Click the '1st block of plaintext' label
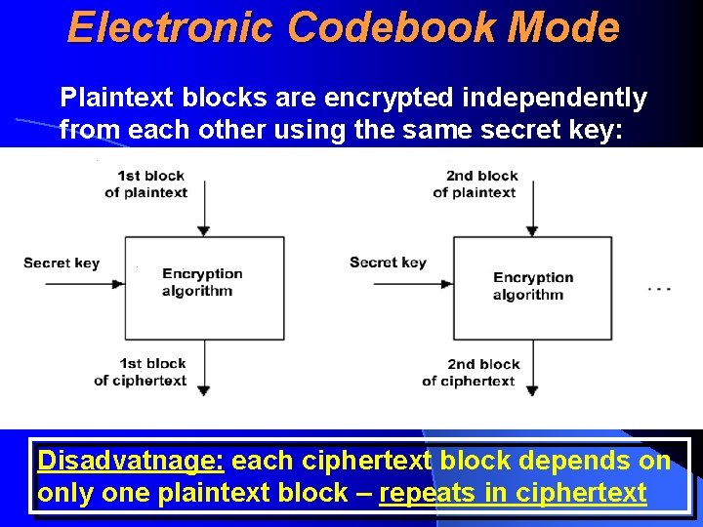tap(147, 183)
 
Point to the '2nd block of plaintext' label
tap(476, 183)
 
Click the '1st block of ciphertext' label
tap(141, 372)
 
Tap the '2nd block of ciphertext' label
tap(470, 372)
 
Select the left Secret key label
tap(61, 263)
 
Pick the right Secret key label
tap(388, 262)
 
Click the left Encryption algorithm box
tap(203, 287)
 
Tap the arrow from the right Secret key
tap(414, 284)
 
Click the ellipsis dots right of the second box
tap(659, 289)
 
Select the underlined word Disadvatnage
tap(131, 460)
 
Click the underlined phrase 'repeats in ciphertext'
tap(513, 493)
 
